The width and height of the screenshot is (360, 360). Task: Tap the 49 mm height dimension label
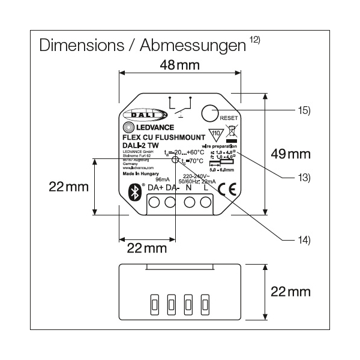(x=290, y=154)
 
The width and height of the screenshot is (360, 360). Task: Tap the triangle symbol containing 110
(x=214, y=133)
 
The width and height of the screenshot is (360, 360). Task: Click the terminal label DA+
(x=155, y=188)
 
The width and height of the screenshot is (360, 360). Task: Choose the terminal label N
(x=189, y=188)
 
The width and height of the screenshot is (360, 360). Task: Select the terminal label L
(x=206, y=188)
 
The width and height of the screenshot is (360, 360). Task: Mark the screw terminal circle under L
(x=206, y=202)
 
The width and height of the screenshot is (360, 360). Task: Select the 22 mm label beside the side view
(x=290, y=292)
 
